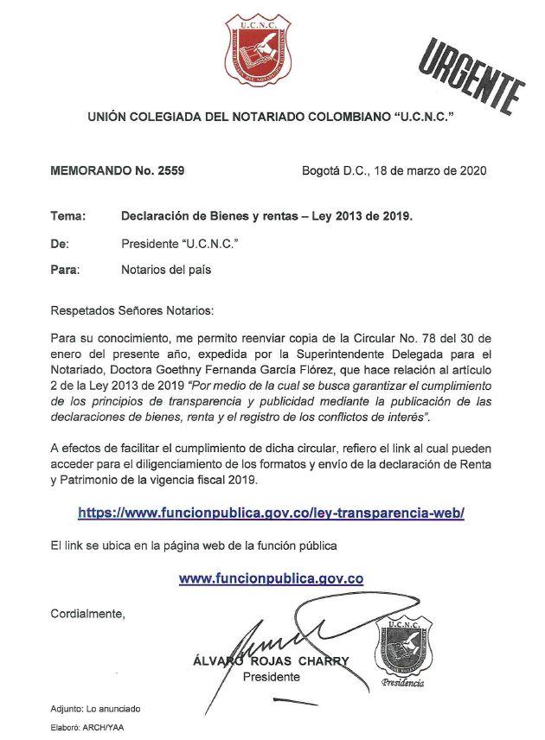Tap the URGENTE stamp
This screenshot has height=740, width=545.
click(x=472, y=73)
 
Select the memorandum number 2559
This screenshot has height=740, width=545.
click(x=169, y=170)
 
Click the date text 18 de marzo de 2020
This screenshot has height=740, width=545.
click(x=428, y=170)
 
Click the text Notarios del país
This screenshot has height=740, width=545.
click(x=166, y=270)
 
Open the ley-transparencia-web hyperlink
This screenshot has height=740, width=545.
click(x=271, y=513)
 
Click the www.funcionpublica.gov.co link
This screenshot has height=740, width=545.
click(x=271, y=578)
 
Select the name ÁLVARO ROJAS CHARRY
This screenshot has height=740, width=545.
click(x=272, y=661)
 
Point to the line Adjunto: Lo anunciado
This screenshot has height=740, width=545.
click(x=95, y=709)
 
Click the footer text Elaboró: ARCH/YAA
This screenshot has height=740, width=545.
click(x=87, y=728)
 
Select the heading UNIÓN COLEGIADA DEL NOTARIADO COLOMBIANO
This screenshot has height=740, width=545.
click(x=271, y=117)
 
